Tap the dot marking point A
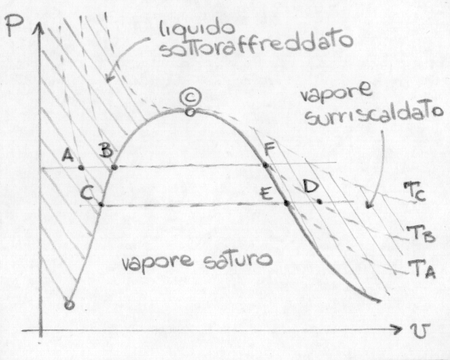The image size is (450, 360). [x=82, y=168]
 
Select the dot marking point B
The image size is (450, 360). [x=114, y=167]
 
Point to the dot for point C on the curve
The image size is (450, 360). [x=101, y=204]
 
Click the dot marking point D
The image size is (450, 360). [x=320, y=202]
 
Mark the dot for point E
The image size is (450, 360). [x=286, y=203]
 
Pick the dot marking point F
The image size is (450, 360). [x=266, y=165]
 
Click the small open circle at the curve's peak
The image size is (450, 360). [x=190, y=112]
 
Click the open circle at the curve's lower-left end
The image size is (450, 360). [x=69, y=305]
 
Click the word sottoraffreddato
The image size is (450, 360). [x=256, y=47]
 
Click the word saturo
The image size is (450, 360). [x=238, y=260]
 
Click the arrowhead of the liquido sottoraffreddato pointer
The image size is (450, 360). [x=109, y=77]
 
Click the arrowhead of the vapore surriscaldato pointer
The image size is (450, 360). [x=369, y=204]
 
